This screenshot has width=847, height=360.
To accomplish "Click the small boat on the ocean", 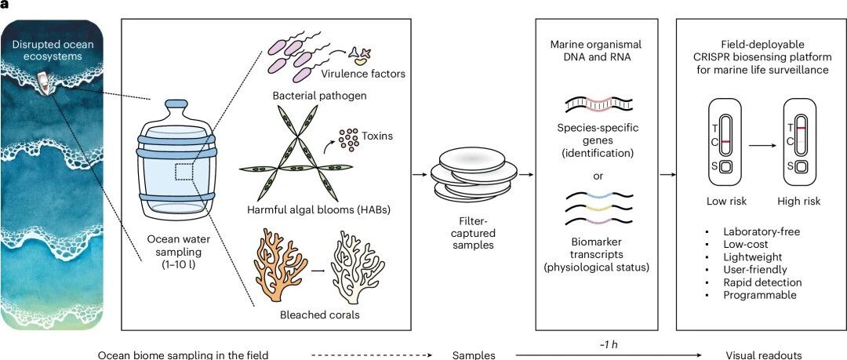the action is pyautogui.click(x=45, y=82).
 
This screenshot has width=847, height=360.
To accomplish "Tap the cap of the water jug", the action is pyautogui.click(x=176, y=104).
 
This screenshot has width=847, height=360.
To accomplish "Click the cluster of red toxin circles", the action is pyautogui.click(x=348, y=140).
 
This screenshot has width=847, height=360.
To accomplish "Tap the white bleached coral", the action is pyautogui.click(x=357, y=266).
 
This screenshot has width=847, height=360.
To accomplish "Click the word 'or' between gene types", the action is pyautogui.click(x=598, y=176).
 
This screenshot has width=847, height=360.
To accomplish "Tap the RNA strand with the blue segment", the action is pyautogui.click(x=599, y=194).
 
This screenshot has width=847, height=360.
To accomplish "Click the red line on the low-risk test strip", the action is pyautogui.click(x=726, y=142).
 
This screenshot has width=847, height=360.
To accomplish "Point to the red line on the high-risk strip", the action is pyautogui.click(x=802, y=128).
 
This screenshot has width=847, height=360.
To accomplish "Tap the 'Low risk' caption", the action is pyautogui.click(x=726, y=201).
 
